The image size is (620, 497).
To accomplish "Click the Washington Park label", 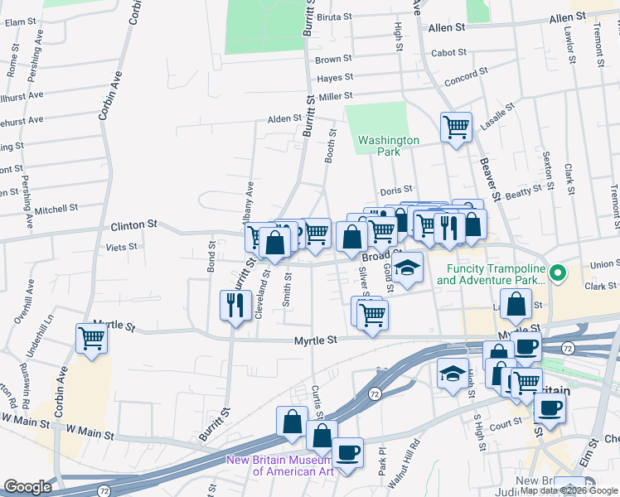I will [389, 146].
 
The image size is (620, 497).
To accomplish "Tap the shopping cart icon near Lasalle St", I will [456, 128].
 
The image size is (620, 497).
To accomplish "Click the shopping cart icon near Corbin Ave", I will [91, 337].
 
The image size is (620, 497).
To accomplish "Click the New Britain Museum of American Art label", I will [280, 466].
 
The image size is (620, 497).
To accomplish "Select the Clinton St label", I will [134, 224].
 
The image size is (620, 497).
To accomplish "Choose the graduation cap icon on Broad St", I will [407, 268].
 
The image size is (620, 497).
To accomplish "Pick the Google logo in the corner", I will [27, 487].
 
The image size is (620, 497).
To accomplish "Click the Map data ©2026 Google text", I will [569, 490].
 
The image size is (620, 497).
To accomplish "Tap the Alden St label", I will [283, 119].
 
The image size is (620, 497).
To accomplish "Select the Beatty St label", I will [523, 192].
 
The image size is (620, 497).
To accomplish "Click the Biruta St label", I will [336, 16].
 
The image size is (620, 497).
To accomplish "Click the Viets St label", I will [121, 247].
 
